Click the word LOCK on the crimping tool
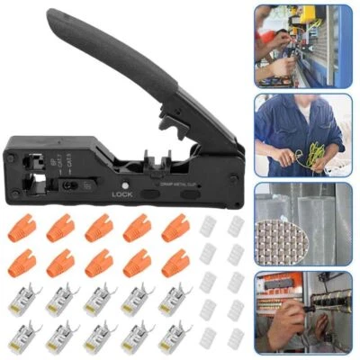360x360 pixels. pos(123,193)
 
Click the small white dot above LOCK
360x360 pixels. pos(123,184)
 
